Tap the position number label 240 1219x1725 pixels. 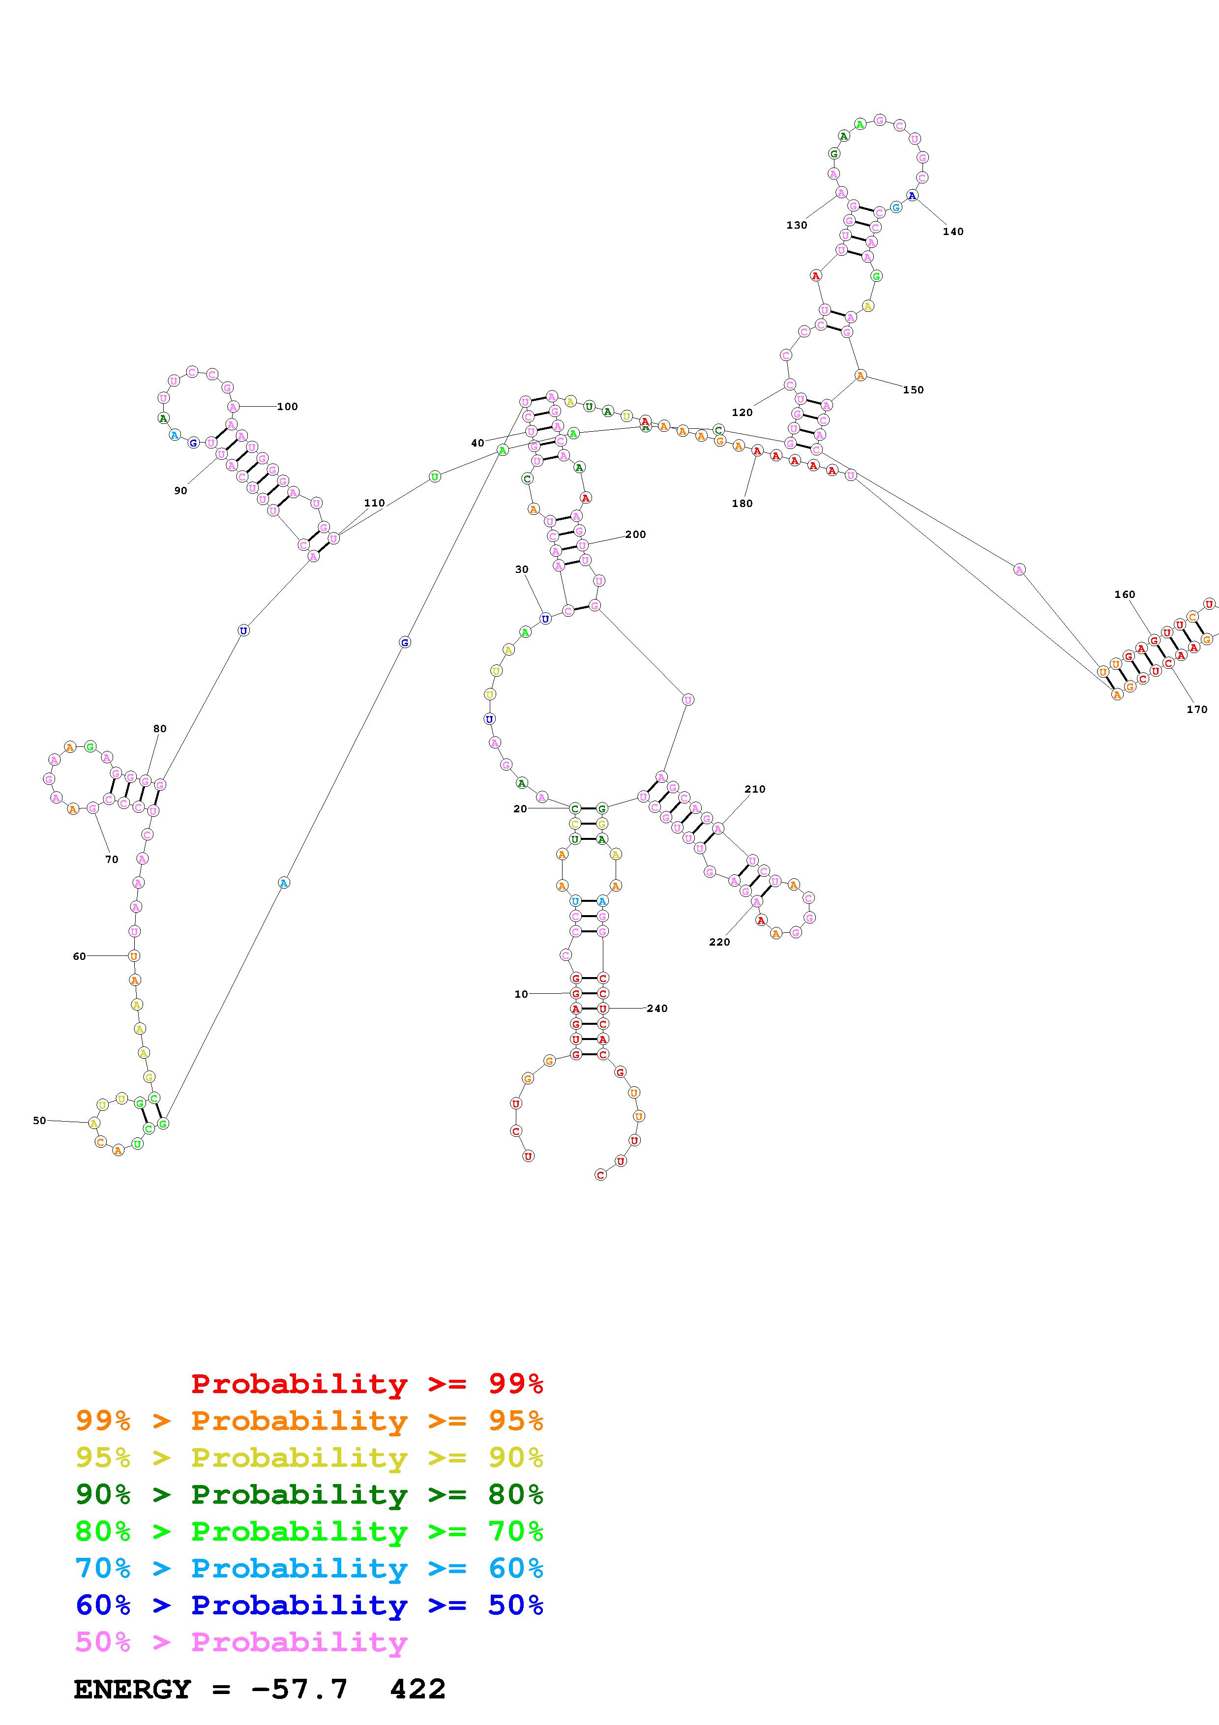[656, 1008]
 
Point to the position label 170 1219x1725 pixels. [1196, 709]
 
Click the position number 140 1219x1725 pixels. [952, 232]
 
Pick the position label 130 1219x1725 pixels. [796, 225]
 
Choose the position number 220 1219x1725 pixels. [719, 942]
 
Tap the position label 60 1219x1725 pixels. [79, 956]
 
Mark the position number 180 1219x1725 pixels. [742, 504]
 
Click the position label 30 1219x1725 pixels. [521, 569]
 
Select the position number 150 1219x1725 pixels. [913, 390]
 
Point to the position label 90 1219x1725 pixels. [180, 491]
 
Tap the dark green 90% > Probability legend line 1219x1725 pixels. [309, 1494]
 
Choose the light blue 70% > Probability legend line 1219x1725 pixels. [309, 1568]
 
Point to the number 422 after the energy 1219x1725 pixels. [417, 1689]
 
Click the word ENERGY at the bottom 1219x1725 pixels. [132, 1689]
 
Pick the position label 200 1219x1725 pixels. [635, 534]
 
